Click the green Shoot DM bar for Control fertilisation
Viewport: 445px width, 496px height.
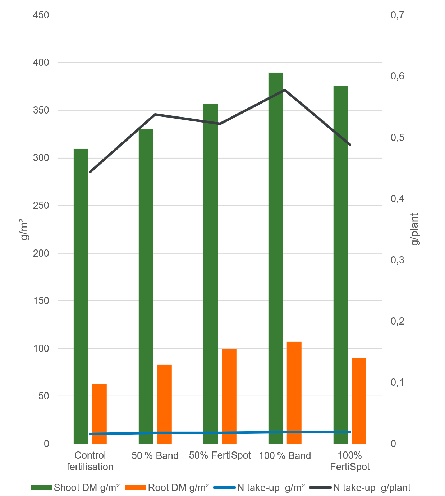81,296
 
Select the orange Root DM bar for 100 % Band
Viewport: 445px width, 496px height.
294,393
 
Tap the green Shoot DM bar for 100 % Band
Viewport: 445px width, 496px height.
276,258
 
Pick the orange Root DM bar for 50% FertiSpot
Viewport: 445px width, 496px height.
229,396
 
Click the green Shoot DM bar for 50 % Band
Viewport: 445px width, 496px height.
146,286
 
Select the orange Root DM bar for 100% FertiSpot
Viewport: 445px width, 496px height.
359,401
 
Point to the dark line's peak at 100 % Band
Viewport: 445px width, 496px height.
285,90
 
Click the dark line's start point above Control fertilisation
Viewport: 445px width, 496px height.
90,172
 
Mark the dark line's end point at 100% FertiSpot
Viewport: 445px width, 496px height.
350,145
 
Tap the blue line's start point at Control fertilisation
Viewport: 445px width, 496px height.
90,434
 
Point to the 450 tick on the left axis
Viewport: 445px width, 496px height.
41,15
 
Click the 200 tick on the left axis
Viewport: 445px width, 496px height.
41,253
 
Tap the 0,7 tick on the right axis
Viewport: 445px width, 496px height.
397,15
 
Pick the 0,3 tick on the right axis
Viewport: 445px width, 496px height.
397,260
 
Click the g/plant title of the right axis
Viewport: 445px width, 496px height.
415,229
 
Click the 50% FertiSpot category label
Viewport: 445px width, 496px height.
220,455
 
